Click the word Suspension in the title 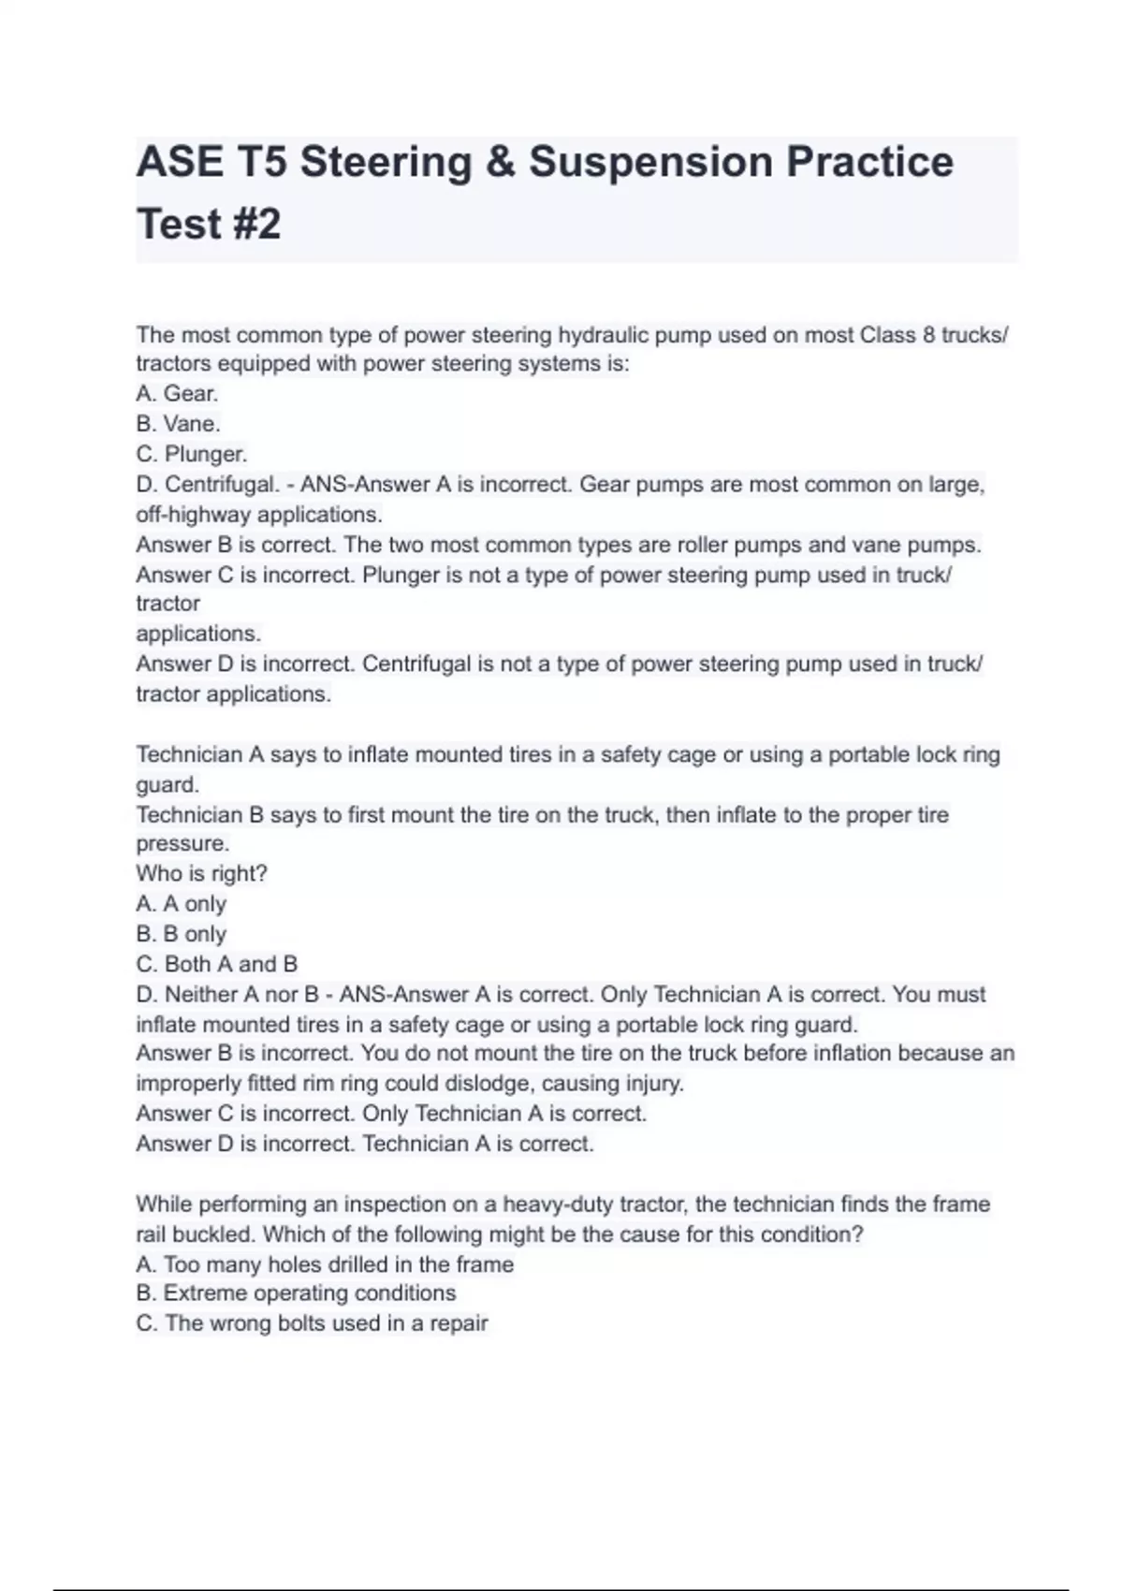[x=649, y=162]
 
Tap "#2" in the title [x=251, y=225]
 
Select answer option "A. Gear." [x=177, y=394]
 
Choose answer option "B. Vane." [x=178, y=424]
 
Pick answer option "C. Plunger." [x=191, y=454]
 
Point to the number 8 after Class [x=928, y=335]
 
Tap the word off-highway [x=194, y=515]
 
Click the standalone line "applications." [x=198, y=634]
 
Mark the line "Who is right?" [x=201, y=874]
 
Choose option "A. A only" [x=181, y=904]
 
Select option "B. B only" [x=181, y=934]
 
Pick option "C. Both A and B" [x=216, y=964]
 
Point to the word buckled [x=207, y=1234]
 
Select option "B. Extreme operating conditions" [x=296, y=1293]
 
